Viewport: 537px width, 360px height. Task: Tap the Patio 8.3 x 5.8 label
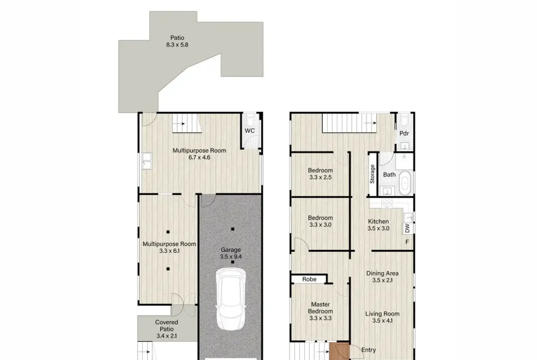point(177,41)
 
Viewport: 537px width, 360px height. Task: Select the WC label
point(250,131)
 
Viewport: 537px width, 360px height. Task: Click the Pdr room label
point(404,133)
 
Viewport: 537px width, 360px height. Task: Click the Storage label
point(372,174)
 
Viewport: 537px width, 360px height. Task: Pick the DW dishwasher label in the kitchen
point(407,228)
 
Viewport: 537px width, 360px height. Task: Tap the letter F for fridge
point(407,242)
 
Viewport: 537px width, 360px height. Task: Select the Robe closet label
point(309,279)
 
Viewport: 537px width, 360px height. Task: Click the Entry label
point(369,350)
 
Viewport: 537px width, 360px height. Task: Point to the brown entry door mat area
point(339,351)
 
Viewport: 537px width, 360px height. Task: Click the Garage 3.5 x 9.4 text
point(231,253)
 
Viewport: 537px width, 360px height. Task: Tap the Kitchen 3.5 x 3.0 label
point(379,225)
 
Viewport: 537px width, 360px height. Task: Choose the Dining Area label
point(382,277)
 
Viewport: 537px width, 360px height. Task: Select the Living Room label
point(382,317)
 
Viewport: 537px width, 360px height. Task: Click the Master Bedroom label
point(320,311)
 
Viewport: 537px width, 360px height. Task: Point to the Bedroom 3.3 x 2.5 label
point(320,174)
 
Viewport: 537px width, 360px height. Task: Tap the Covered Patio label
point(167,329)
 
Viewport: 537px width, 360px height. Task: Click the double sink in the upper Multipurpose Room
point(147,161)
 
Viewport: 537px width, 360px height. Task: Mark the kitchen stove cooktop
point(386,203)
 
